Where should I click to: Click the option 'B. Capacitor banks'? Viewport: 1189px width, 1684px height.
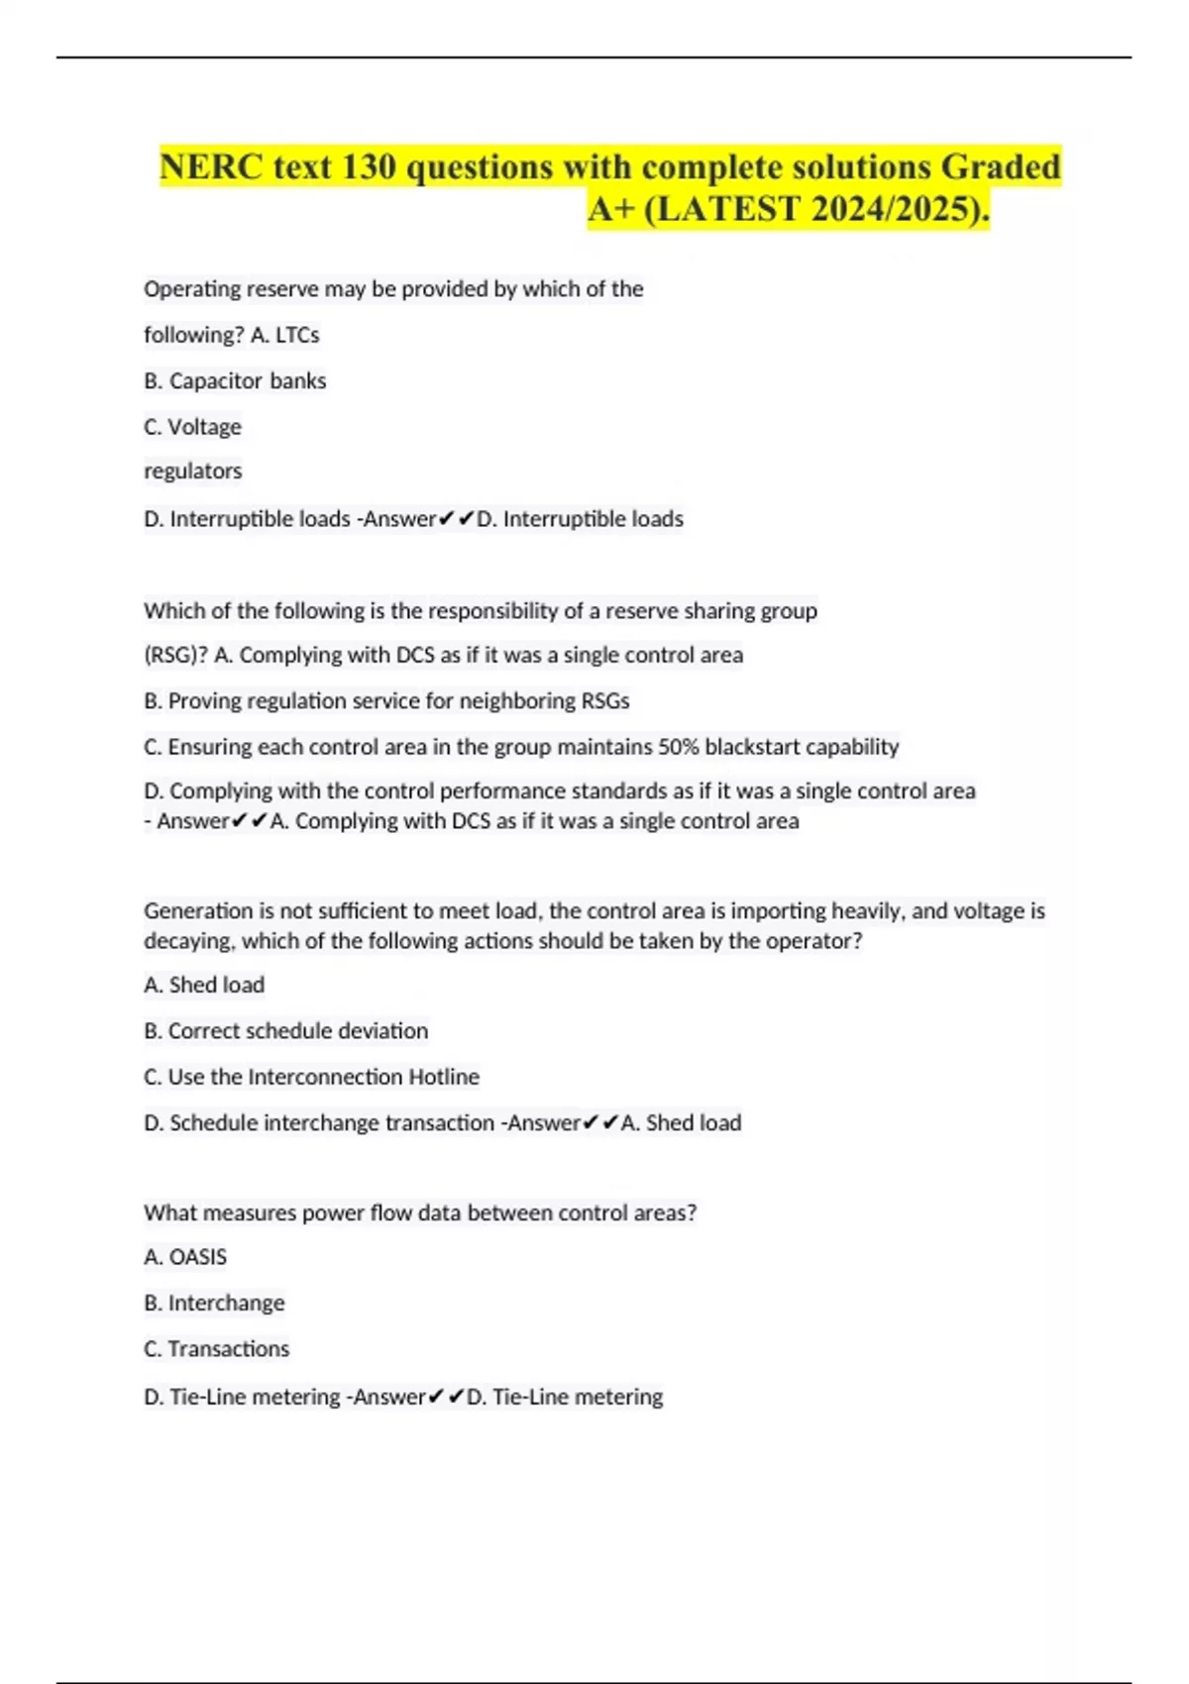235,381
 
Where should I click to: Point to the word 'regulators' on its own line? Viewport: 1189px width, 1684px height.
192,472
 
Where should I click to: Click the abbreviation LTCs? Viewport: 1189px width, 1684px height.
297,336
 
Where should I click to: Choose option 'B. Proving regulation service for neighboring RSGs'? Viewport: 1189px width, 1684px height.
386,701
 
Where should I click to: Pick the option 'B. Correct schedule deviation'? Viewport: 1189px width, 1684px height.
285,1031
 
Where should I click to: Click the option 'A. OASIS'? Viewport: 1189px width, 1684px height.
185,1257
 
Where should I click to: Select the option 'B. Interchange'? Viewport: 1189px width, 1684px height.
214,1304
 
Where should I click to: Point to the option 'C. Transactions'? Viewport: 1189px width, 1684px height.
216,1349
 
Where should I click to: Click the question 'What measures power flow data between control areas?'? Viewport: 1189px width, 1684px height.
420,1213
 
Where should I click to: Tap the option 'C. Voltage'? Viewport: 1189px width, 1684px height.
192,427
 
